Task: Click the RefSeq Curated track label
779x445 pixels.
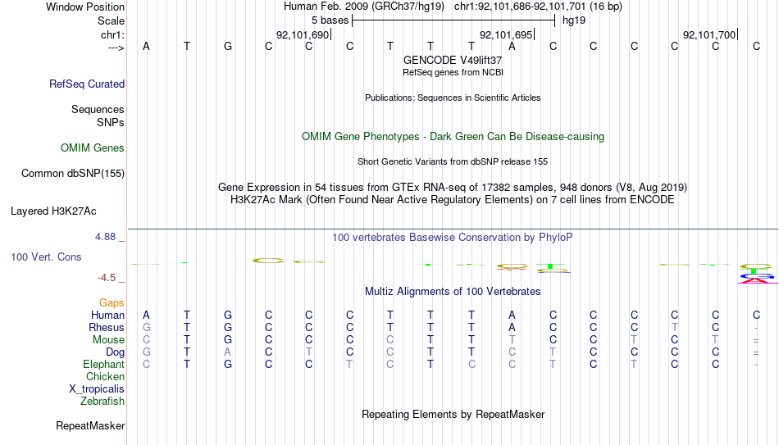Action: coord(87,84)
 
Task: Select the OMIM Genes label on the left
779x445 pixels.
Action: coord(93,148)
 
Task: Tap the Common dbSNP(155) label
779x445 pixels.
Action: coord(73,174)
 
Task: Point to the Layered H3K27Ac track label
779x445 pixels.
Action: coord(53,211)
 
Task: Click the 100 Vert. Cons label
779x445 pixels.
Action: coord(46,257)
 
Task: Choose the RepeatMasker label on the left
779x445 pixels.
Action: coord(90,425)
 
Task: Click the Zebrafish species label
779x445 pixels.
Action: coord(102,401)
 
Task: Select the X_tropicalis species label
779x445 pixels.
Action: coord(97,389)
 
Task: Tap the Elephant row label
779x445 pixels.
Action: coord(104,364)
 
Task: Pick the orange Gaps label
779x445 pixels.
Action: coord(112,302)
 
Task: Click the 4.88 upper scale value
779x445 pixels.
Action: coord(105,236)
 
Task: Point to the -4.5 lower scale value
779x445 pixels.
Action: coord(107,277)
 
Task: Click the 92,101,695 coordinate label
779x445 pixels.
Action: coord(506,34)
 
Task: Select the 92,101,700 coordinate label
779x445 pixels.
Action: coord(709,34)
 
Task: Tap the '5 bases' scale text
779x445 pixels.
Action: coord(330,20)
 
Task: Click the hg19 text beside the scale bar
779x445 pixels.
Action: coord(574,20)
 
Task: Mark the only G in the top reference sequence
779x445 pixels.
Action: coord(227,46)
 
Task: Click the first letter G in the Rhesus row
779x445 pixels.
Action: coord(146,327)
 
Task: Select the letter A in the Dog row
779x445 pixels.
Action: coord(227,352)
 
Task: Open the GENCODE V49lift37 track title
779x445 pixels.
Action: coord(453,60)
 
